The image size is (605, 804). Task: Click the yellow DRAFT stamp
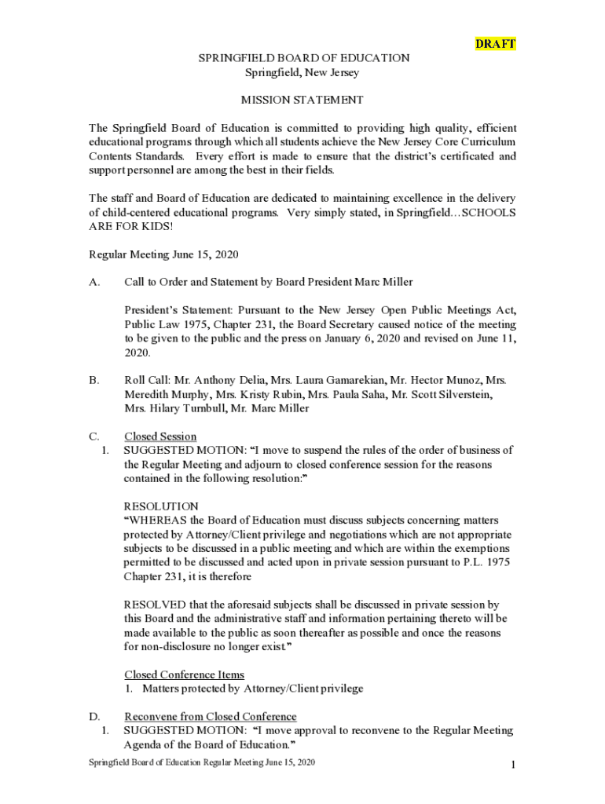point(496,44)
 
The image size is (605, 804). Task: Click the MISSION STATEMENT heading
point(302,100)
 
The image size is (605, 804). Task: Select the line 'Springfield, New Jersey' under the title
point(302,72)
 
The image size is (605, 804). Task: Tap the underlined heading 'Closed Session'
point(160,437)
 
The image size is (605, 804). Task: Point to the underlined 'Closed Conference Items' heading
point(184,674)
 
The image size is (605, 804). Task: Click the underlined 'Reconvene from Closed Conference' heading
point(211,716)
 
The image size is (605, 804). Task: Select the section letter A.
point(94,282)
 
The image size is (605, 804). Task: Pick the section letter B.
point(93,380)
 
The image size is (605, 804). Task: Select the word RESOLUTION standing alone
point(161,506)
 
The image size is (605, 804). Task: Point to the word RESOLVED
point(155,605)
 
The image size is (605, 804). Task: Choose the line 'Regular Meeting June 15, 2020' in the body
point(163,254)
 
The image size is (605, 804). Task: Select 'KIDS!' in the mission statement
point(158,227)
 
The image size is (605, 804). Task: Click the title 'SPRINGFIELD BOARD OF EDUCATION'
point(302,58)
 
